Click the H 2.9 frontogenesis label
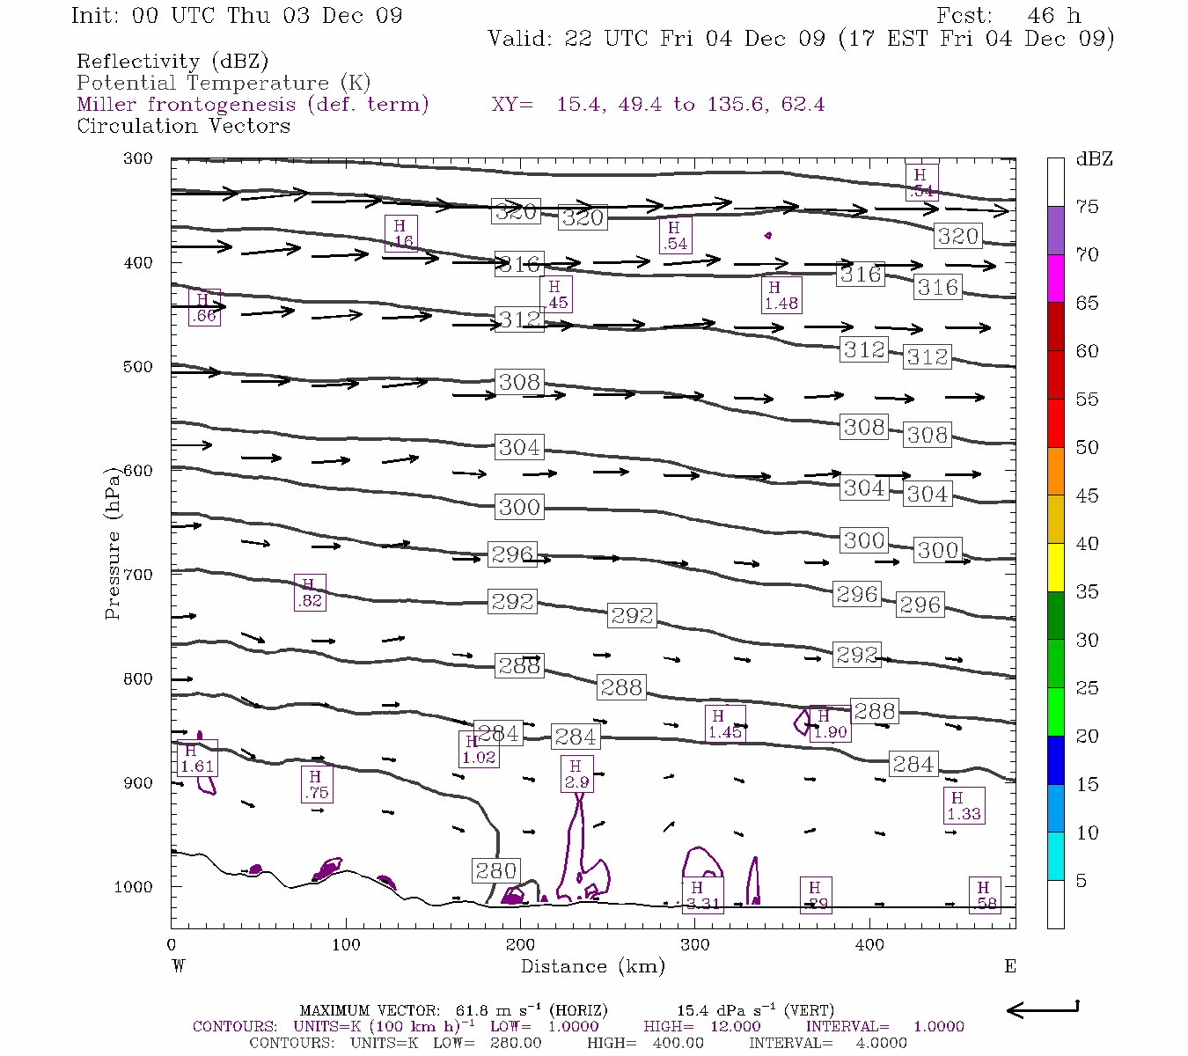click(576, 774)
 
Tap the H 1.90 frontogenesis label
click(830, 724)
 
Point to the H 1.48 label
click(781, 295)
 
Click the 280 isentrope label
click(495, 870)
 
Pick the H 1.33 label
click(964, 806)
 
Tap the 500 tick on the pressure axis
click(138, 367)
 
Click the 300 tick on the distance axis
click(695, 945)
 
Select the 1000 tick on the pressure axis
click(134, 887)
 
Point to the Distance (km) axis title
click(592, 966)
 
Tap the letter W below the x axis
click(179, 966)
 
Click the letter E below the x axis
click(1009, 966)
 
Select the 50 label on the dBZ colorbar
click(1087, 447)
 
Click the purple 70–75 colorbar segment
click(1055, 231)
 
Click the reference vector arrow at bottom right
click(1043, 1008)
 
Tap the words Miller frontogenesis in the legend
click(186, 105)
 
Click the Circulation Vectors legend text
click(183, 126)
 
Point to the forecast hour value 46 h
click(1053, 16)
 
